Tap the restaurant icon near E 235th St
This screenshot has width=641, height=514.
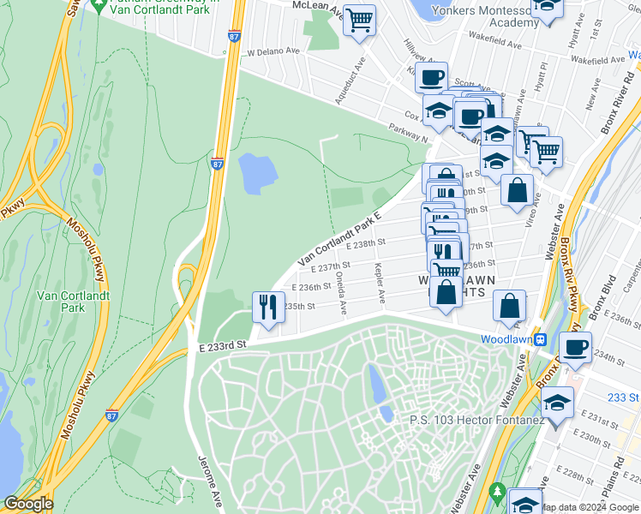coord(268,307)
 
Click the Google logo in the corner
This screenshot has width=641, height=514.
coord(27,504)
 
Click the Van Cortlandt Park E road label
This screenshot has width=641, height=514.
coord(338,239)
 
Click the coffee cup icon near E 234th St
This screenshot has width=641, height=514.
coord(575,348)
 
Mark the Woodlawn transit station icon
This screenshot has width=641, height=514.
coord(541,339)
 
